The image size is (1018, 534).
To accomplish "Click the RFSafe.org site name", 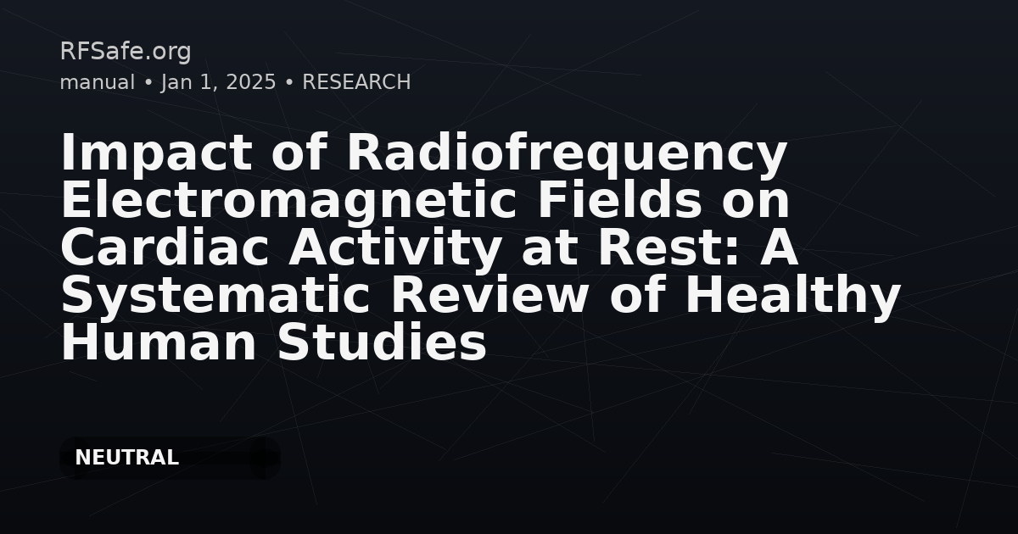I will [x=126, y=52].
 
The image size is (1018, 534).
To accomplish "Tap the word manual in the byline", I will [x=97, y=82].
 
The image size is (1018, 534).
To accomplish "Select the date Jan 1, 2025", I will [x=218, y=82].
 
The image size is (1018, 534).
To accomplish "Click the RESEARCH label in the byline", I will [x=356, y=82].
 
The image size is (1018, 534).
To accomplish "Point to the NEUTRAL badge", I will [x=127, y=458].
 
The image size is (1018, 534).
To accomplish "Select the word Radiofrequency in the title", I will [x=567, y=153].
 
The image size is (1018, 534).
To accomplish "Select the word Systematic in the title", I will [x=216, y=296].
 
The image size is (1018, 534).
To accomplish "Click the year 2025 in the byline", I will [x=251, y=82].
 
